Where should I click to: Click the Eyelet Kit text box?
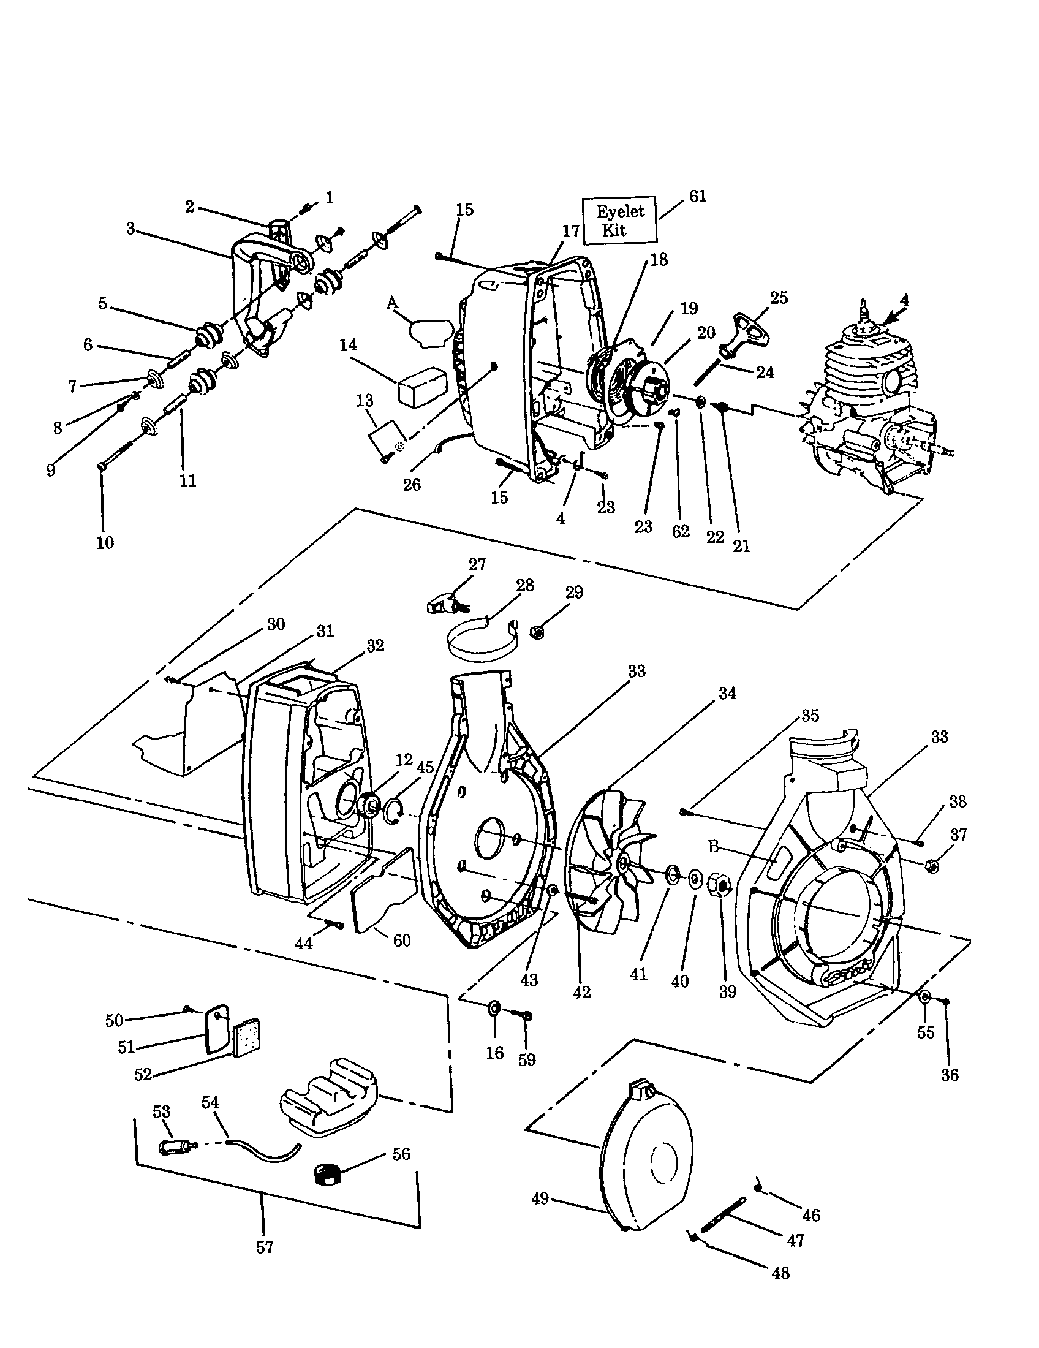pos(619,221)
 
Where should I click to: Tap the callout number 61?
pos(697,196)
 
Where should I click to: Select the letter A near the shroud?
pos(391,303)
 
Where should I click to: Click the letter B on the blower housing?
pos(714,847)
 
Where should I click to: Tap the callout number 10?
pos(105,542)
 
